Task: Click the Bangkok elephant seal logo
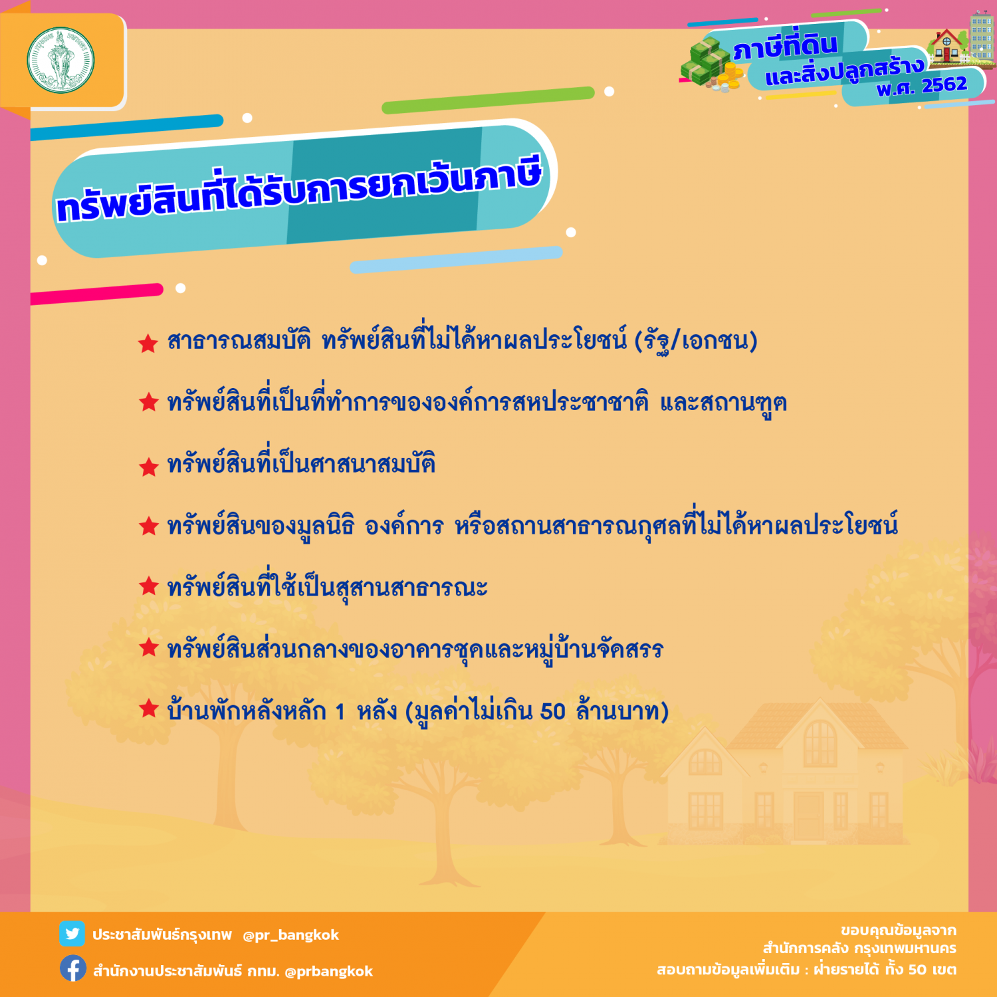click(60, 60)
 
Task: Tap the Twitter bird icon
click(72, 934)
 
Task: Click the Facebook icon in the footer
click(72, 968)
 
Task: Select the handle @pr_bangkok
click(290, 935)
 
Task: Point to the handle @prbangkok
click(328, 972)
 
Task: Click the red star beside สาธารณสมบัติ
click(148, 343)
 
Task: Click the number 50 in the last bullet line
click(552, 711)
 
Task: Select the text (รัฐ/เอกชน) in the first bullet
click(695, 341)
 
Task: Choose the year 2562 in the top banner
click(944, 84)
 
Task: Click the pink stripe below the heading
click(97, 293)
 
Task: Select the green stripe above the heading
click(488, 100)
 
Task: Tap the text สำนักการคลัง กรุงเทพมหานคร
click(859, 948)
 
